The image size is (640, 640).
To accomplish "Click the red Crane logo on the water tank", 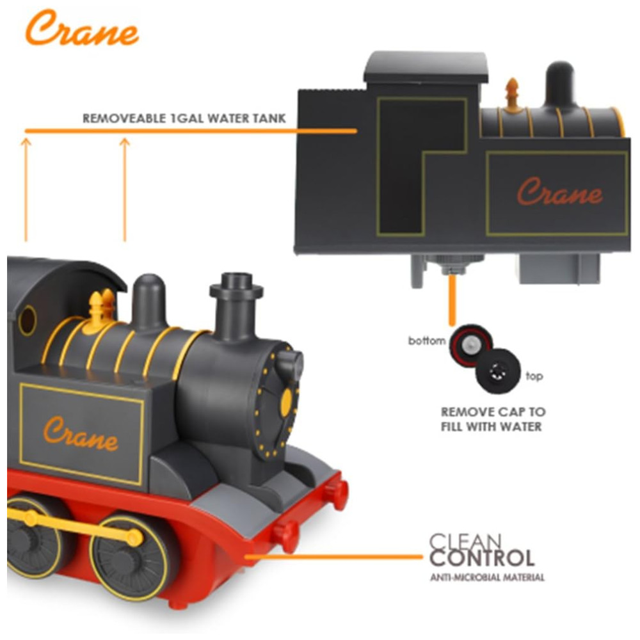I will [x=559, y=191].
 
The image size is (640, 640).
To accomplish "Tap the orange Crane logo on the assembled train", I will [x=80, y=433].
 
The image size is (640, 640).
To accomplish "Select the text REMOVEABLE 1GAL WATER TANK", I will [x=184, y=119].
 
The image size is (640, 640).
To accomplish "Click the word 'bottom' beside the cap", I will [x=426, y=341].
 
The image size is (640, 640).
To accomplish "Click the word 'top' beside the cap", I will [x=534, y=376].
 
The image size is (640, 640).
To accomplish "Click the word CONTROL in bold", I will [x=482, y=557].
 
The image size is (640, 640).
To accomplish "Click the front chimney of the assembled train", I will [x=236, y=304].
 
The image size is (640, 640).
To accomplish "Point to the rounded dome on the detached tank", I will [x=560, y=83].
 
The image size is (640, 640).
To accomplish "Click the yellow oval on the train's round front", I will [x=285, y=401].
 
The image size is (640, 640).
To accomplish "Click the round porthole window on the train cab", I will [x=28, y=320].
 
